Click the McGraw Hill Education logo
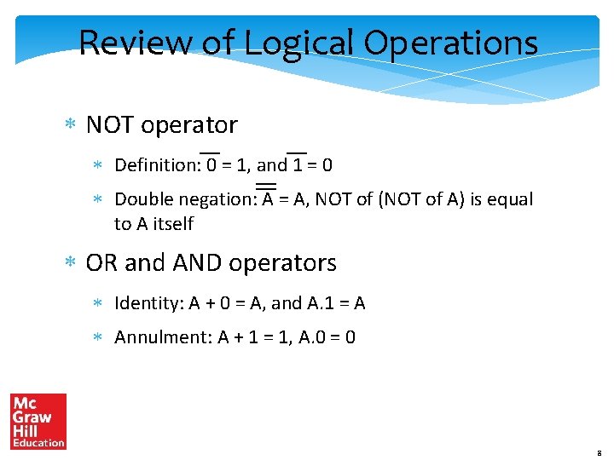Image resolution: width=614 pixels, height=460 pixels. [x=38, y=421]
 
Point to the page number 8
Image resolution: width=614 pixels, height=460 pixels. [x=599, y=451]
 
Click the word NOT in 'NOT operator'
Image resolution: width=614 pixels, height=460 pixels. [x=110, y=125]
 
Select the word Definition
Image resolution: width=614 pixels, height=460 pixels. [x=157, y=164]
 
